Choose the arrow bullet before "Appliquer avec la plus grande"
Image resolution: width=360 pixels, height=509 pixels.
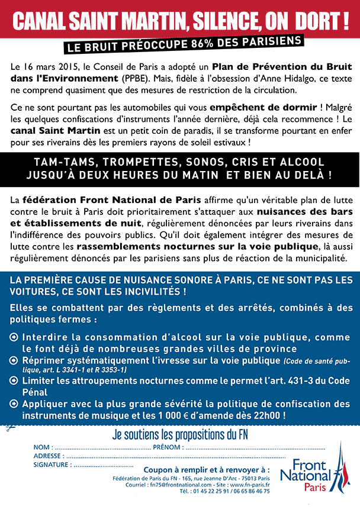pyautogui.click(x=14, y=404)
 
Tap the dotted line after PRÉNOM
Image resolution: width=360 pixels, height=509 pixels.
pyautogui.click(x=255, y=447)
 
